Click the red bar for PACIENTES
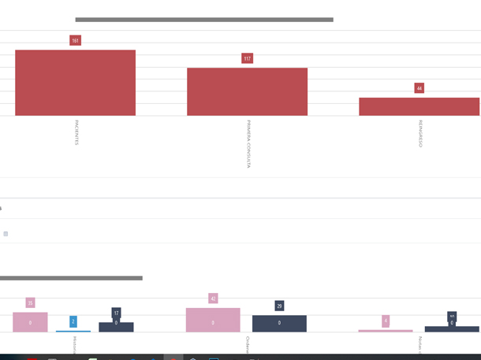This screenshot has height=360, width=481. click(75, 83)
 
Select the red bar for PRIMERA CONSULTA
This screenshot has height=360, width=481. click(247, 91)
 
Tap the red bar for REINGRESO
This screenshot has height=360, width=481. click(419, 106)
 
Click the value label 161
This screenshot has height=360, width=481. click(75, 40)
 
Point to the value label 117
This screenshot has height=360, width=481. click(247, 58)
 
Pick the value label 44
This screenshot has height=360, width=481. click(419, 88)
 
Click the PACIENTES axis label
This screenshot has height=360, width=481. click(76, 132)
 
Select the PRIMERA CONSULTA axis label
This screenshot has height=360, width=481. click(248, 143)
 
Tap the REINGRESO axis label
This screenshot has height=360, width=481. click(420, 133)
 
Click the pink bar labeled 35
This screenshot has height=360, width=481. click(30, 322)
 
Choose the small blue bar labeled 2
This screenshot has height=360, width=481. click(73, 331)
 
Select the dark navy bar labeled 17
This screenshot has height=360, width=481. click(116, 327)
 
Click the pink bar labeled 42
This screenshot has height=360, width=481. click(213, 320)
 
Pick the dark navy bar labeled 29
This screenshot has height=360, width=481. click(279, 324)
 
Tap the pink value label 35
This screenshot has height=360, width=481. click(30, 302)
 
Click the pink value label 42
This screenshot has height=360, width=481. click(213, 299)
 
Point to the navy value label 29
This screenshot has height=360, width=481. click(279, 306)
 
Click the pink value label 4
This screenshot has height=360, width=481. click(386, 321)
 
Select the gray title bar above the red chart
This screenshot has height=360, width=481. click(204, 20)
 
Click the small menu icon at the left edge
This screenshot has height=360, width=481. click(6, 234)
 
